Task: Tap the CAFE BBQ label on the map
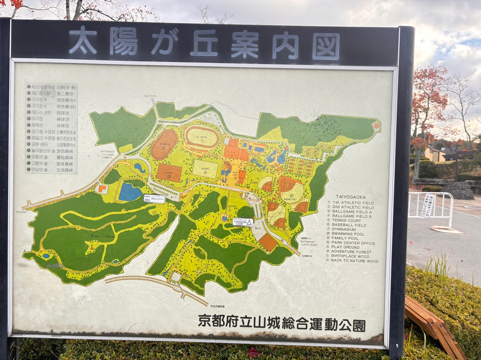(154, 198)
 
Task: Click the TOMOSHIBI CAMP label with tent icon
(243, 222)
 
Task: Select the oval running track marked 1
(202, 137)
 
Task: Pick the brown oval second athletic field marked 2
(164, 144)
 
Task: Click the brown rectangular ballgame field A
(169, 172)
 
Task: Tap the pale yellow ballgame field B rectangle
(205, 169)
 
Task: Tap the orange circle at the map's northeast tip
(376, 126)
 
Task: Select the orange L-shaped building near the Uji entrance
(102, 188)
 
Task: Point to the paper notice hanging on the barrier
(428, 206)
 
